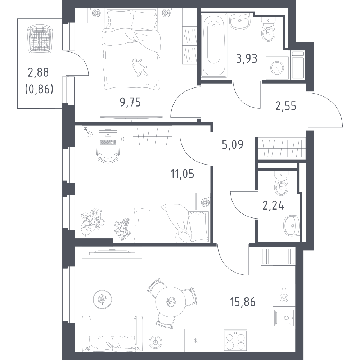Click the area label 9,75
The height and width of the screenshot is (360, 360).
point(130,102)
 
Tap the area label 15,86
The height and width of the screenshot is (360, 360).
point(243,302)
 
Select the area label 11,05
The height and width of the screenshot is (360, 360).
point(182,174)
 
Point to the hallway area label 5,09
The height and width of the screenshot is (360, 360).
point(232,145)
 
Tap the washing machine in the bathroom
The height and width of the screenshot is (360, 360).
point(277,68)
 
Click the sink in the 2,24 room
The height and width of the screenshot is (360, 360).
point(292,226)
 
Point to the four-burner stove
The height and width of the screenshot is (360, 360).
point(235,340)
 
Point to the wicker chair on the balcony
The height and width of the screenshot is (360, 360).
point(40,40)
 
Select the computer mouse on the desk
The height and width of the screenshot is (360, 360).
point(123,139)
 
